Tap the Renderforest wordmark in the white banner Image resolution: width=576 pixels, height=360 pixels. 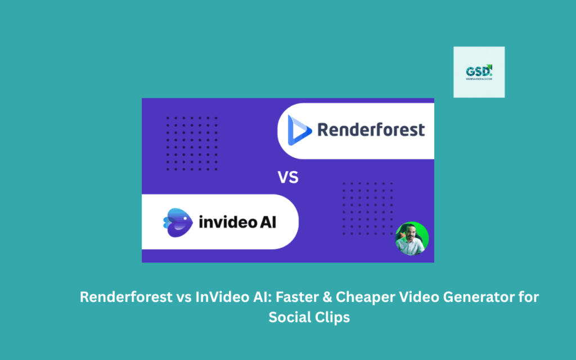click(x=371, y=130)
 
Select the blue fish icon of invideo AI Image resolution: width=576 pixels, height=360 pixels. click(x=177, y=220)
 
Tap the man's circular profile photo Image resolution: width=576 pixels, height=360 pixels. click(x=412, y=238)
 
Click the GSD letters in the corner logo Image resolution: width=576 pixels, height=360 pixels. click(x=478, y=71)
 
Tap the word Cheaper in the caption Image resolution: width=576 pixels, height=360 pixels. click(x=346, y=298)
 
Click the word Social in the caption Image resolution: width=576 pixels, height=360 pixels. click(x=289, y=317)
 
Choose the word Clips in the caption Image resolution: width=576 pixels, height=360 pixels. click(x=331, y=317)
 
